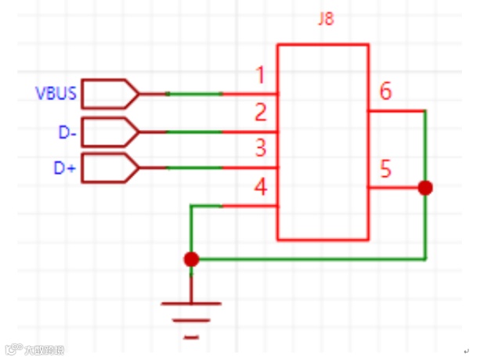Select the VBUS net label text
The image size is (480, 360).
coord(56,95)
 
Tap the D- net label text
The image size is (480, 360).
coord(67,132)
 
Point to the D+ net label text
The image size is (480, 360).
coord(66,167)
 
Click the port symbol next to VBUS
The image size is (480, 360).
coord(109,94)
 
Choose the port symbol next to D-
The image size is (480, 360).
coord(109,131)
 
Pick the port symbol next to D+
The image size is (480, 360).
coord(109,167)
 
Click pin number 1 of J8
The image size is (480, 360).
coord(261,76)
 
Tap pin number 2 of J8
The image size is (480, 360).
coord(261,113)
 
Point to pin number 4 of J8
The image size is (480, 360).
coord(261,187)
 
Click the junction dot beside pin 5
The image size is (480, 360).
coord(425,188)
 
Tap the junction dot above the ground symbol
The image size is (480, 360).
coord(190,259)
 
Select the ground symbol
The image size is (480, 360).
coord(191,317)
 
